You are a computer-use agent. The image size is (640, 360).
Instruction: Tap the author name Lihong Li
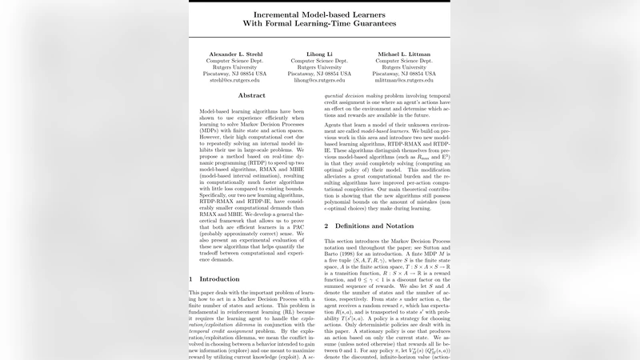click(x=319, y=54)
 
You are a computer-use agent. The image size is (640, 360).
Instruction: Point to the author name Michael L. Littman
click(x=404, y=54)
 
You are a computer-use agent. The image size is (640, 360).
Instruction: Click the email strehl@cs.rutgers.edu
click(x=234, y=80)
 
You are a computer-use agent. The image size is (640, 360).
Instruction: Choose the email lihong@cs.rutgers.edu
click(x=319, y=80)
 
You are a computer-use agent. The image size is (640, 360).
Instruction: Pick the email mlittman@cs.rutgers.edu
click(x=404, y=80)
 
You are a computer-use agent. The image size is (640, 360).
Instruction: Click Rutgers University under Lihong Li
click(x=319, y=67)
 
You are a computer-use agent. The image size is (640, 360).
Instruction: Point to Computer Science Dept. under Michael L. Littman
click(x=404, y=60)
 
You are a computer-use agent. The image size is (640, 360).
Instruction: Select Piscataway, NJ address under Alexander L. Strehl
click(x=234, y=74)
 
